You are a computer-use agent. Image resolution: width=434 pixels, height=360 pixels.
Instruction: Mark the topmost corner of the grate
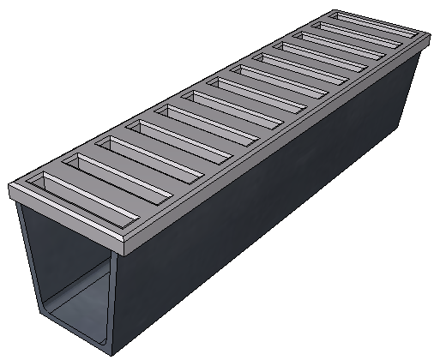[334, 11]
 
